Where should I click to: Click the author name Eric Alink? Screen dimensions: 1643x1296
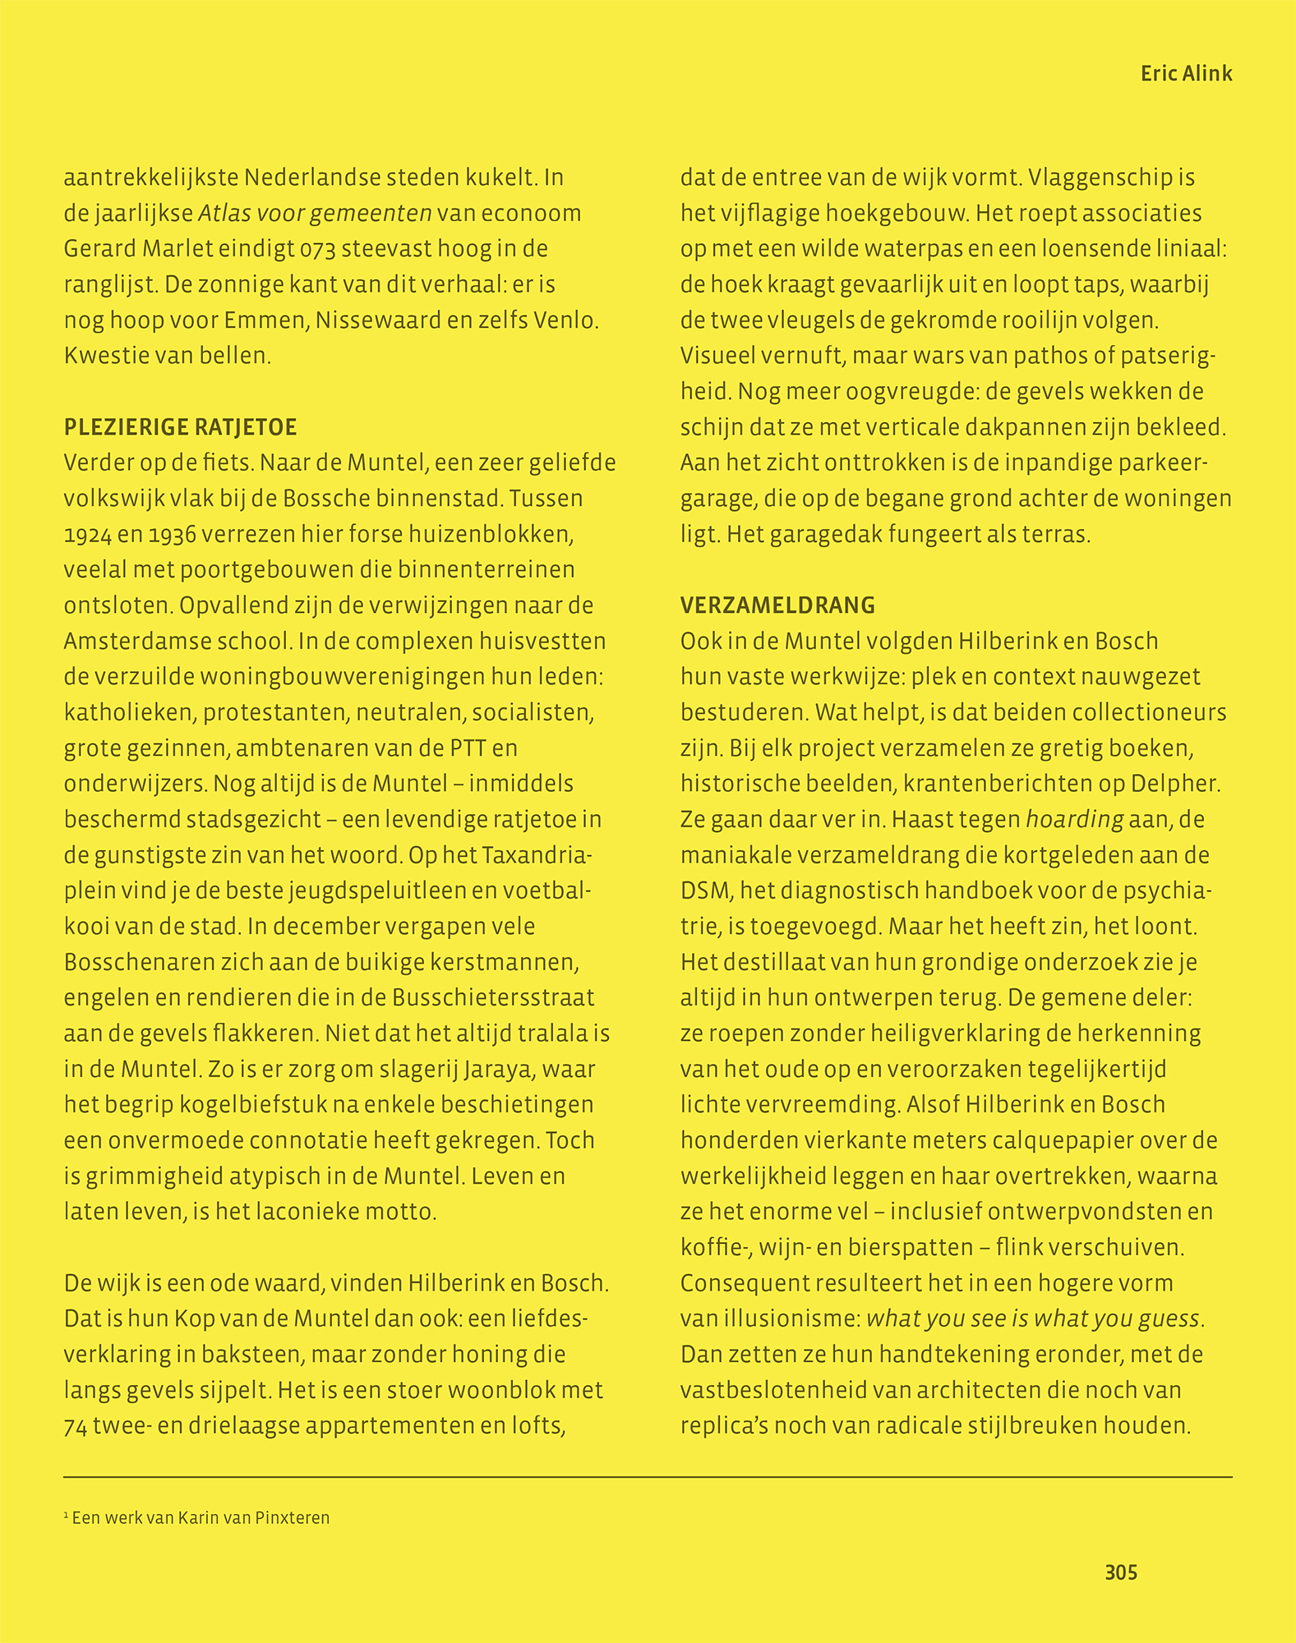(1186, 74)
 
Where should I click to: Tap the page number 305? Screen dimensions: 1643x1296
(1121, 1572)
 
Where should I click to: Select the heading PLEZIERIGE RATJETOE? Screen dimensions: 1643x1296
(180, 427)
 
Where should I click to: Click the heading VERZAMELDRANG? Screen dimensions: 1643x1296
(777, 605)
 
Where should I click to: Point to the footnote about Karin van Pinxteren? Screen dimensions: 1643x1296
(196, 1517)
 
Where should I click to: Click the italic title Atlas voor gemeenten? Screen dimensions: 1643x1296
(315, 214)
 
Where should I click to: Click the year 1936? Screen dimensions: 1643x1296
(173, 535)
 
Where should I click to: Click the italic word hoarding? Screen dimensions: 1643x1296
(1075, 819)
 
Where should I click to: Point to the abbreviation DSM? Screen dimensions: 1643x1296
(699, 891)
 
